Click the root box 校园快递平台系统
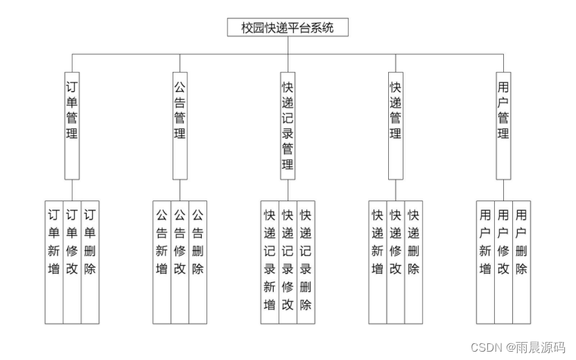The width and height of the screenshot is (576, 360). tap(288, 28)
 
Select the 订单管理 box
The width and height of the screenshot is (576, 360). tap(71, 125)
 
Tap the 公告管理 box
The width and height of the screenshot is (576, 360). tap(180, 125)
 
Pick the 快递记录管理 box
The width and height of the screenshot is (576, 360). tap(288, 125)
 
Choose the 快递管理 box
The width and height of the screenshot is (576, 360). tap(396, 125)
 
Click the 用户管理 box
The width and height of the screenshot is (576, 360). tap(504, 125)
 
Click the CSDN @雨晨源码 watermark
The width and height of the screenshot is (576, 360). tap(518, 347)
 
